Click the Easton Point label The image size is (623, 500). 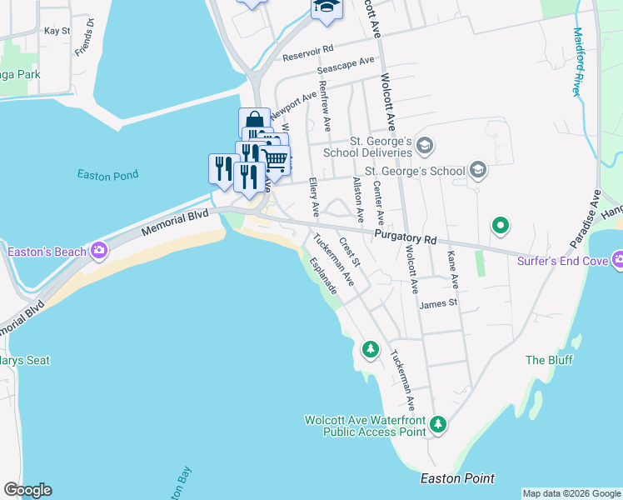pyautogui.click(x=457, y=478)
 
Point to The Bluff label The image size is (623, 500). pyautogui.click(x=546, y=360)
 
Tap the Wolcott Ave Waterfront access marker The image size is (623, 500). pyautogui.click(x=438, y=427)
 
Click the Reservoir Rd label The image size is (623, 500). pyautogui.click(x=308, y=53)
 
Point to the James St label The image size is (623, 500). pyautogui.click(x=439, y=304)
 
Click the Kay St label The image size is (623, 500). pyautogui.click(x=57, y=31)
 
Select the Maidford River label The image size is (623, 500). pyautogui.click(x=577, y=61)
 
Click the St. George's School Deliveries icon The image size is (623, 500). pyautogui.click(x=425, y=146)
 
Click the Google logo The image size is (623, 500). pyautogui.click(x=27, y=490)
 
